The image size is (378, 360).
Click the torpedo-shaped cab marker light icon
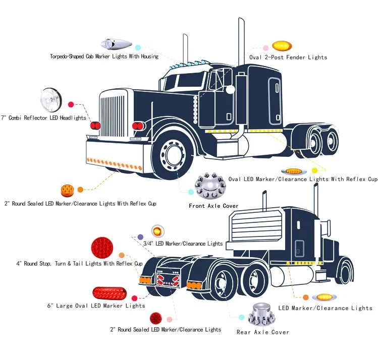tap(109, 43)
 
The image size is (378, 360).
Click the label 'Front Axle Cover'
tap(213, 206)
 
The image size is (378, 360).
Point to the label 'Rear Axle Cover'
tap(263, 332)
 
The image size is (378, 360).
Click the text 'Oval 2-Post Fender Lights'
tap(288, 57)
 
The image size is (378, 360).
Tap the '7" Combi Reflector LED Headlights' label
tap(43, 117)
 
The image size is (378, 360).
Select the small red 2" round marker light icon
tap(156, 318)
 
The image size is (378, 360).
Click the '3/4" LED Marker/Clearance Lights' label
tap(183, 244)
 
